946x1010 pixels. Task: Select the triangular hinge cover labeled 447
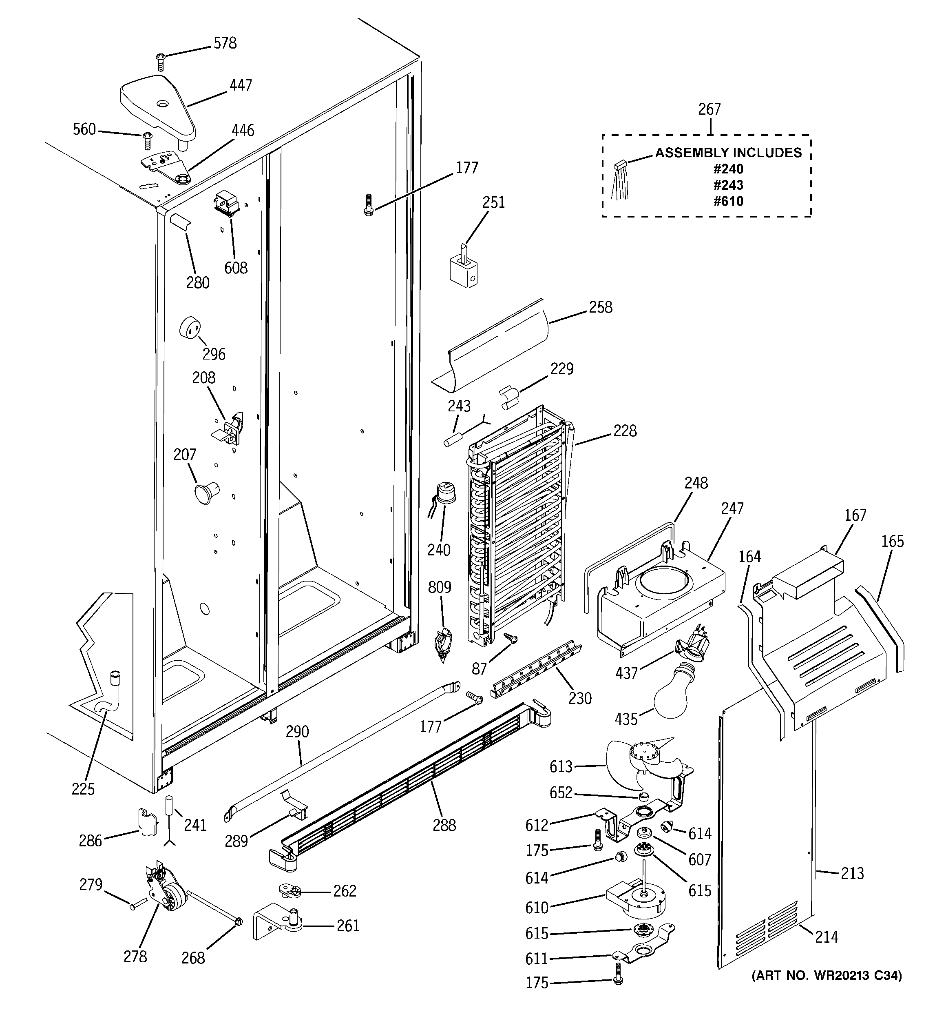(x=157, y=106)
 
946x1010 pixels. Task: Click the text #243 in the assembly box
(x=728, y=185)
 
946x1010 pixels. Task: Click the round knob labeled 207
(x=205, y=492)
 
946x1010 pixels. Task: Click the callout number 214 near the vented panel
(x=826, y=936)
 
